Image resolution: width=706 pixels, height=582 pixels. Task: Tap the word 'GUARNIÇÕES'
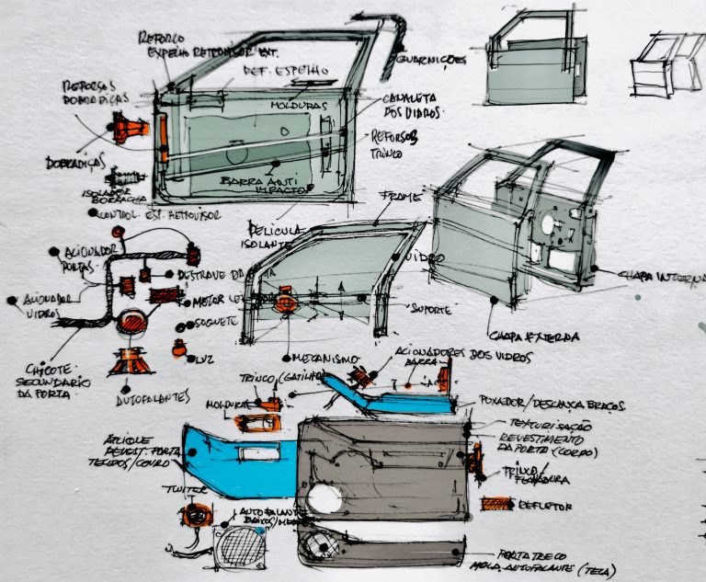pyautogui.click(x=431, y=61)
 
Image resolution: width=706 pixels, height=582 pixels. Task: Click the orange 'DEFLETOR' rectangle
pyautogui.click(x=497, y=504)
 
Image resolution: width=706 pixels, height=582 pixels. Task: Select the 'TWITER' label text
pyautogui.click(x=180, y=490)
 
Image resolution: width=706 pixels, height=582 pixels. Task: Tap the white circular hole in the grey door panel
pyautogui.click(x=325, y=499)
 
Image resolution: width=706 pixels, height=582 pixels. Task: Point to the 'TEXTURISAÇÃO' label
pyautogui.click(x=537, y=426)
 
